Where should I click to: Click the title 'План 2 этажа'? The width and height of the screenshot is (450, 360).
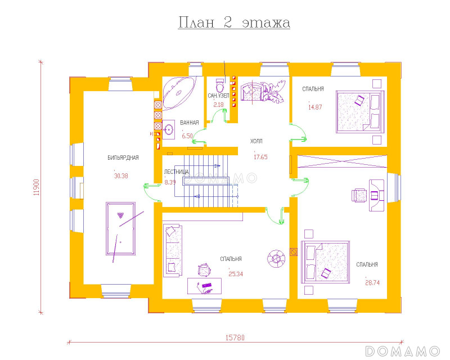pyautogui.click(x=234, y=22)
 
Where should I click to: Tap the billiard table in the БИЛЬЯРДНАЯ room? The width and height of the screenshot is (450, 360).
pyautogui.click(x=120, y=229)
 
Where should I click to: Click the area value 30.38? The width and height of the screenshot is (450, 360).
pyautogui.click(x=121, y=176)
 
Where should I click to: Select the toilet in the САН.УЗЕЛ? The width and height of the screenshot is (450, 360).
pyautogui.click(x=220, y=85)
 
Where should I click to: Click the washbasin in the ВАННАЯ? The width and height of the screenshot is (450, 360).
pyautogui.click(x=168, y=130)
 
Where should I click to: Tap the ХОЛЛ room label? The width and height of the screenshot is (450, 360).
pyautogui.click(x=256, y=141)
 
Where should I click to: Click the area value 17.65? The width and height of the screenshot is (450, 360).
pyautogui.click(x=260, y=157)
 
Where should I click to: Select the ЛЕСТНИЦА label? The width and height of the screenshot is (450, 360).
pyautogui.click(x=176, y=172)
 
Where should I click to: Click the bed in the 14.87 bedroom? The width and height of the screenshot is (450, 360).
pyautogui.click(x=360, y=112)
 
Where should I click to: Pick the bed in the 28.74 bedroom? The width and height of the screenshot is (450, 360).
pyautogui.click(x=325, y=262)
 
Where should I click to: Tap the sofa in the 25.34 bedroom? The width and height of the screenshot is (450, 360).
pyautogui.click(x=173, y=250)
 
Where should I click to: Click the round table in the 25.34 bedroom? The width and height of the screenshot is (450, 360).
pyautogui.click(x=276, y=258)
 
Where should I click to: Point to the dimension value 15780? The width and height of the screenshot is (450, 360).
pyautogui.click(x=235, y=337)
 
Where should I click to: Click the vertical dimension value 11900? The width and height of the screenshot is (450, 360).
pyautogui.click(x=36, y=187)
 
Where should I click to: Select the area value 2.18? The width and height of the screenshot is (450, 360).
pyautogui.click(x=218, y=105)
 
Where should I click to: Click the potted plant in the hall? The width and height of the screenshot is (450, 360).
pyautogui.click(x=273, y=91)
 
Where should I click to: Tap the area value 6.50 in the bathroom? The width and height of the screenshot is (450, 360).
pyautogui.click(x=187, y=136)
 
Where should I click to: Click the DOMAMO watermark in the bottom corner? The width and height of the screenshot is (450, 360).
pyautogui.click(x=402, y=352)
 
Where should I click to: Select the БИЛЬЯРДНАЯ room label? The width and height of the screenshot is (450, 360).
pyautogui.click(x=123, y=157)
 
